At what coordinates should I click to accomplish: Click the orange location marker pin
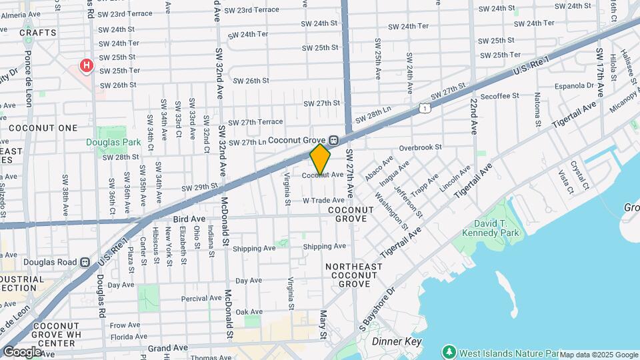[x=320, y=159]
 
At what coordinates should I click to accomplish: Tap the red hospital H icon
[x=86, y=65]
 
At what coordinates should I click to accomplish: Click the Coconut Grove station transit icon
[x=335, y=141]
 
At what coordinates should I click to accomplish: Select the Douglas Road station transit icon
[x=85, y=262]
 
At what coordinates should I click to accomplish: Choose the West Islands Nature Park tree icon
[x=449, y=351]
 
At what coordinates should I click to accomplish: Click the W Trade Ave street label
[x=323, y=200]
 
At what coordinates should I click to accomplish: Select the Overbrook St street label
[x=421, y=147]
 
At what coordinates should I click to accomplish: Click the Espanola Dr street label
[x=574, y=85]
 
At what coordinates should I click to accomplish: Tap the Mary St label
[x=323, y=324]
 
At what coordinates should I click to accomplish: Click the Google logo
[x=22, y=351]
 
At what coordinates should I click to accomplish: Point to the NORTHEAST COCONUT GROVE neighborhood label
[x=354, y=275]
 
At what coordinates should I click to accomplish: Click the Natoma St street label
[x=537, y=110]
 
